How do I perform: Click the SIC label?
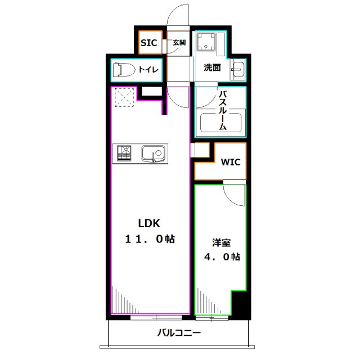click(x=148, y=43)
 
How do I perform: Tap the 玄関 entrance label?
click(x=179, y=43)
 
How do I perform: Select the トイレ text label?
click(x=149, y=70)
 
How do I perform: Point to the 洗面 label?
click(x=212, y=68)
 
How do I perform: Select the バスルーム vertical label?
click(x=222, y=110)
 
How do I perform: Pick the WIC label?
click(x=230, y=163)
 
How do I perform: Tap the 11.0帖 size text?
click(x=149, y=239)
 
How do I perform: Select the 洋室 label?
click(x=220, y=243)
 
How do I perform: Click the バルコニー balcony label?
click(x=178, y=334)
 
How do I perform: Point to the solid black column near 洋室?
click(x=240, y=305)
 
